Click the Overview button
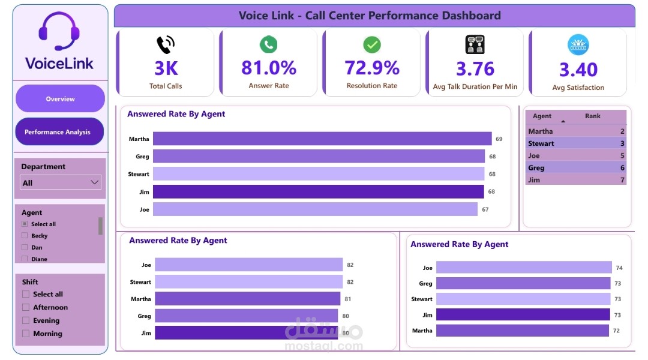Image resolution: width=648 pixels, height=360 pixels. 61,98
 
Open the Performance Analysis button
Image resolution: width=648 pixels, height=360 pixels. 59,131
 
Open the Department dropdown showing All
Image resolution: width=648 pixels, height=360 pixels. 61,182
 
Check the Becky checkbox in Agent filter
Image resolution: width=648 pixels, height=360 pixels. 25,236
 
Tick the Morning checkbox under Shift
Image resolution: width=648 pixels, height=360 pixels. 26,334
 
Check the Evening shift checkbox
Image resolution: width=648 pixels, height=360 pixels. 26,320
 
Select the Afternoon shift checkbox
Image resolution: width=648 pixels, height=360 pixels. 26,307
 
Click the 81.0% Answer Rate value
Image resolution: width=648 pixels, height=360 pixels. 269,68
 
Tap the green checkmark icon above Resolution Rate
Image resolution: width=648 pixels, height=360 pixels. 372,44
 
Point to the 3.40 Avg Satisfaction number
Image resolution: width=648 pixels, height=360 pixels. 578,70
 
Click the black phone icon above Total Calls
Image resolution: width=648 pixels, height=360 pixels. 166,44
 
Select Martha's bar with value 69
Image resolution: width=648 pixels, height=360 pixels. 322,139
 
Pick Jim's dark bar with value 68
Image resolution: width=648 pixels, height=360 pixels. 319,192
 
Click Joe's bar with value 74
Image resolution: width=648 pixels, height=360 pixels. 524,268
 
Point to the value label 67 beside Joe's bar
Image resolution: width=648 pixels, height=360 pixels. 485,209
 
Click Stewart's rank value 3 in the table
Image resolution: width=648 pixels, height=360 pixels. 622,143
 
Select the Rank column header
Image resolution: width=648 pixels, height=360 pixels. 593,116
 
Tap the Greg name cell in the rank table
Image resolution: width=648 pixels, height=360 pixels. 536,168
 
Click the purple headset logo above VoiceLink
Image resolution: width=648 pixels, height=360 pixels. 59,31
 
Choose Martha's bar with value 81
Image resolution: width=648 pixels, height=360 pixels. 248,299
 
